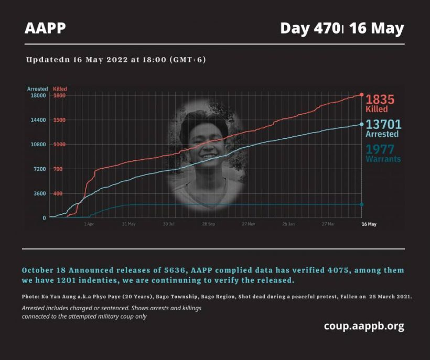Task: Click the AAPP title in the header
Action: point(45,28)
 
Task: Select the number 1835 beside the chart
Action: point(380,100)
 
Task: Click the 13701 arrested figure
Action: point(383,124)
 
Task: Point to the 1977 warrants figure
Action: point(380,149)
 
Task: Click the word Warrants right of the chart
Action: point(383,159)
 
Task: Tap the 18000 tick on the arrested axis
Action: point(39,95)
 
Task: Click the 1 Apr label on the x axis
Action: point(89,224)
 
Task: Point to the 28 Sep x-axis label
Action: point(208,224)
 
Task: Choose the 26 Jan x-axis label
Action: point(288,224)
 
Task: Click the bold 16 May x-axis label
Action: point(369,224)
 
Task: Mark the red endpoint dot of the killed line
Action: point(361,94)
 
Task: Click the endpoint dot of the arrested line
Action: point(361,124)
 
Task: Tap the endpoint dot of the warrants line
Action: point(361,204)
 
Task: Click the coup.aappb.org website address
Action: point(364,326)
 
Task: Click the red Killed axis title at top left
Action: point(60,89)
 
